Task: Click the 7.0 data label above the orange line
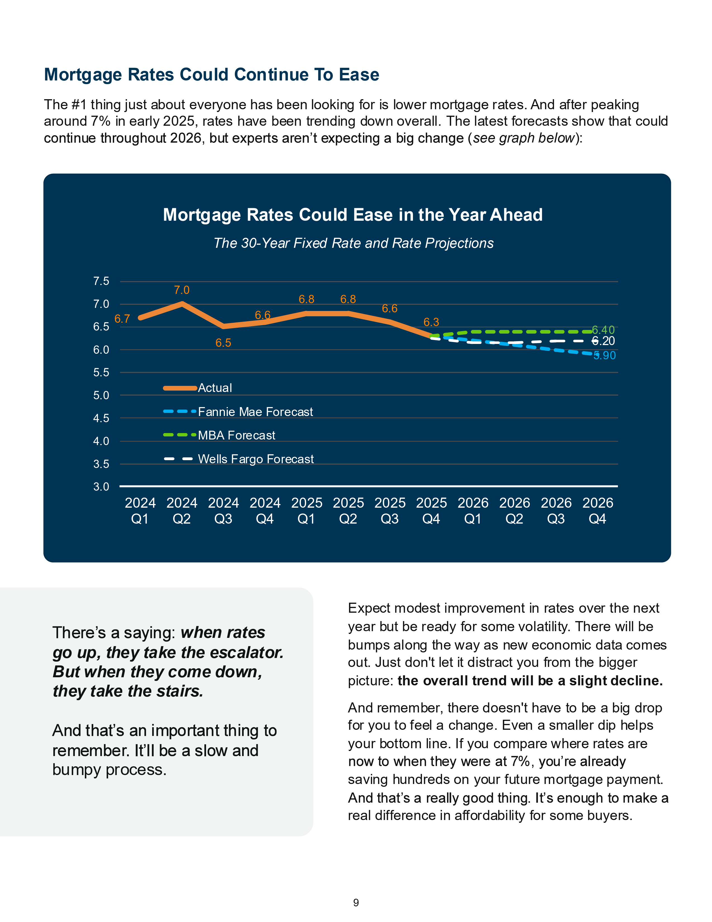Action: pyautogui.click(x=182, y=290)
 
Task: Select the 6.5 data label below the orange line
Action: pyautogui.click(x=223, y=343)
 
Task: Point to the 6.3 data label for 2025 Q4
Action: pyautogui.click(x=431, y=322)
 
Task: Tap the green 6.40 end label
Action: pyautogui.click(x=603, y=330)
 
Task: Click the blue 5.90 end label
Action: pyautogui.click(x=605, y=355)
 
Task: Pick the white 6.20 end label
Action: pyautogui.click(x=603, y=341)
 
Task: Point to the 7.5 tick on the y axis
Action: pyautogui.click(x=101, y=281)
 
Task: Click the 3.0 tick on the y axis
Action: pyautogui.click(x=101, y=487)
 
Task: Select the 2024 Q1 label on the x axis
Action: pyautogui.click(x=140, y=510)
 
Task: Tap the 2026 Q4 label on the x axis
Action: pyautogui.click(x=598, y=510)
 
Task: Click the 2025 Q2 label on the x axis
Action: pyautogui.click(x=348, y=510)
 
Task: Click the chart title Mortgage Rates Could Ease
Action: pyautogui.click(x=353, y=215)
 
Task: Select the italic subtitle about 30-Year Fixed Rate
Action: pyautogui.click(x=353, y=243)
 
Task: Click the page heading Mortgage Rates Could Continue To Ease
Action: pyautogui.click(x=211, y=75)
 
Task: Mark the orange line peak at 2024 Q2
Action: pyautogui.click(x=182, y=303)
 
